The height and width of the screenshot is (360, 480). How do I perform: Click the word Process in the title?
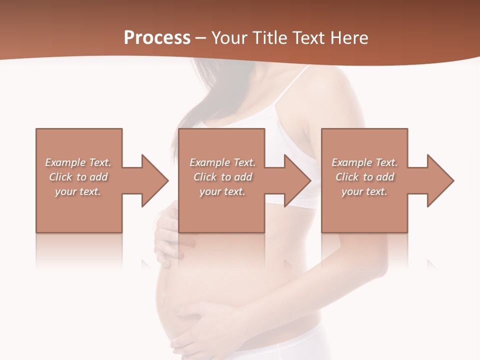(x=157, y=38)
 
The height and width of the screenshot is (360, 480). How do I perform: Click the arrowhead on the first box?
(x=154, y=180)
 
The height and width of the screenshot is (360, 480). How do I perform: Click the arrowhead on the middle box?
(x=297, y=180)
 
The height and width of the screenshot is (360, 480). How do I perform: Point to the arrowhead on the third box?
(x=439, y=180)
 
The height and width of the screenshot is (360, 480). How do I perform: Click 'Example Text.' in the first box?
(x=78, y=162)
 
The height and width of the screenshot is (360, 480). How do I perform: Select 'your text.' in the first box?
(x=78, y=191)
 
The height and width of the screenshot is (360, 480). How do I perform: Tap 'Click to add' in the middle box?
(x=222, y=177)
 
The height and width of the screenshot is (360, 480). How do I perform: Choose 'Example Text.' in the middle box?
(x=222, y=162)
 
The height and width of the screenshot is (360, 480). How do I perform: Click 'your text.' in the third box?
(x=364, y=191)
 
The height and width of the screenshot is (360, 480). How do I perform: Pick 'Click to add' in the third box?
(x=364, y=177)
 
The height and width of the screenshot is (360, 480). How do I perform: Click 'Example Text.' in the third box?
(x=364, y=162)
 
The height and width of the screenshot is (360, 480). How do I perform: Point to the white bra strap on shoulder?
(x=295, y=82)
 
